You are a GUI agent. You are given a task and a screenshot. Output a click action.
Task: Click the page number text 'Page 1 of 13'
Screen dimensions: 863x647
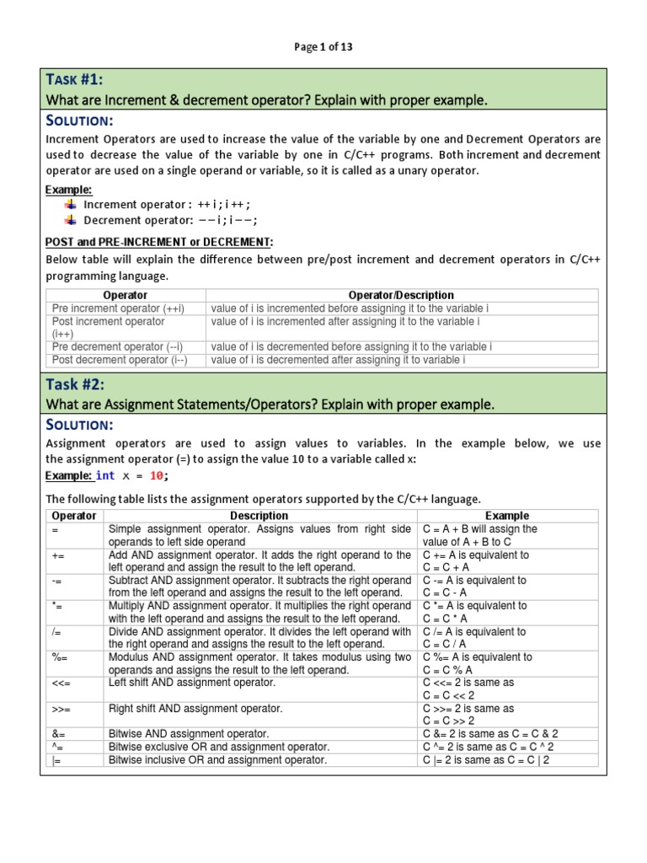(323, 47)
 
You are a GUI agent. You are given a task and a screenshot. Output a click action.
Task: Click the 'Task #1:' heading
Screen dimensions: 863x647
(75, 80)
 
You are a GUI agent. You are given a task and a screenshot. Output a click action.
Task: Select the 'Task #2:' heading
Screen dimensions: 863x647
(75, 384)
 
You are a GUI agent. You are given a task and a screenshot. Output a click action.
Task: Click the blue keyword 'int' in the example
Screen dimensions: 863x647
(106, 476)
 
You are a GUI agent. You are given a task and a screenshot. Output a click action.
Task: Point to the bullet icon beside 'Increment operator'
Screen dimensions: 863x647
(71, 204)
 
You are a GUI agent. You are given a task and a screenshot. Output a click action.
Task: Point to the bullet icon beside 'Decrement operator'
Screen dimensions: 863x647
(71, 220)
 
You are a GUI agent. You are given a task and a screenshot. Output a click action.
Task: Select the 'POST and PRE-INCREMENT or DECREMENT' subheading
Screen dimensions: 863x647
(158, 242)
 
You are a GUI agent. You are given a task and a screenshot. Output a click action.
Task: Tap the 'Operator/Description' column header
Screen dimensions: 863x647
(401, 295)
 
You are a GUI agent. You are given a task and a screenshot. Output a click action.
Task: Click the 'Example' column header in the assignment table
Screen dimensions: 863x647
(507, 515)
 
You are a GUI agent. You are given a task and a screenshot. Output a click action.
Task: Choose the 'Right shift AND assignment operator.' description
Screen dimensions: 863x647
(195, 709)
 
